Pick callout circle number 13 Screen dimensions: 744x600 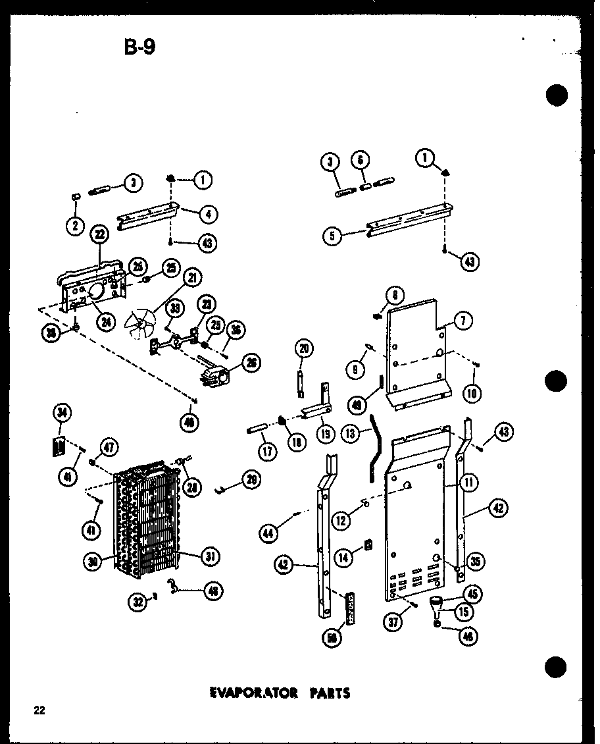click(350, 433)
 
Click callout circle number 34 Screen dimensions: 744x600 click(62, 413)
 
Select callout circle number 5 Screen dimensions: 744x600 click(334, 236)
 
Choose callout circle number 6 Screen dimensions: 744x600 click(361, 160)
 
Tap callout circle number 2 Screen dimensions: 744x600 click(74, 226)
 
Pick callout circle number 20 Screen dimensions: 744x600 click(305, 348)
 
